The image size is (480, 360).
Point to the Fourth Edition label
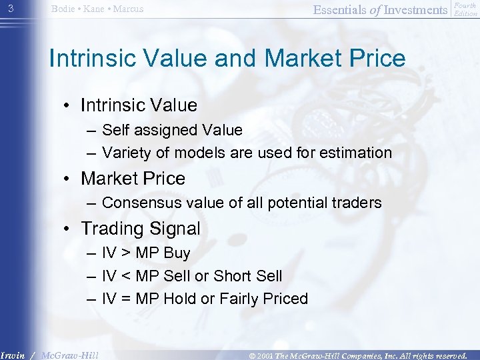click(465, 9)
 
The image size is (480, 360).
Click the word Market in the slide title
click(301, 59)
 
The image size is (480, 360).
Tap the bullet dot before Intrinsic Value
click(68, 106)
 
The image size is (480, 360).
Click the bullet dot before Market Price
click(68, 179)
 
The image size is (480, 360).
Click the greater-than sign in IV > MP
click(125, 254)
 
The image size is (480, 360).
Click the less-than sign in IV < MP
click(125, 276)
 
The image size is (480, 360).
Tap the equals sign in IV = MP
click(125, 299)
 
